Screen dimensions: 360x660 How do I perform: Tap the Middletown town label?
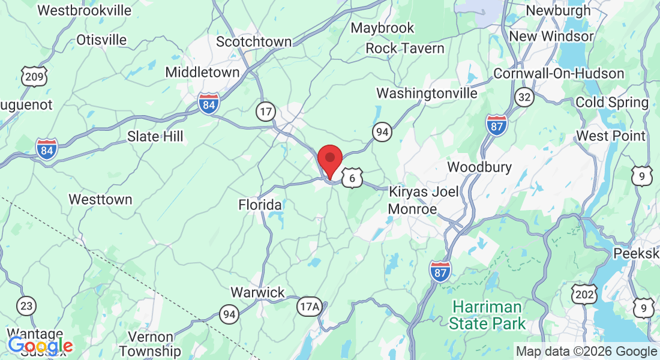[x=202, y=72]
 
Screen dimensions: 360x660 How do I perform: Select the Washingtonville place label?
[x=427, y=94]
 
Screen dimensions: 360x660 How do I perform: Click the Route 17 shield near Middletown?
[x=265, y=110]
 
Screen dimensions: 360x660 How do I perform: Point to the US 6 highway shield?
[x=353, y=178]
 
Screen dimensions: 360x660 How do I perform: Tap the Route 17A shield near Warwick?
[x=310, y=307]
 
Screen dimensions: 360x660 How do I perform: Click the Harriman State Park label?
[x=487, y=316]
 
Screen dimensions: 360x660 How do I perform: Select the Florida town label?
[x=260, y=205]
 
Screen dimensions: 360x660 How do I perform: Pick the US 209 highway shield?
[x=34, y=76]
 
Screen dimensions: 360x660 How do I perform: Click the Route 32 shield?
[x=524, y=97]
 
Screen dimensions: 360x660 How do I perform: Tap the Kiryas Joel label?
[x=424, y=192]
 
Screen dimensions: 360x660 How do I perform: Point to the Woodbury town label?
[x=479, y=167]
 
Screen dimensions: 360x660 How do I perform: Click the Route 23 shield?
[x=26, y=306]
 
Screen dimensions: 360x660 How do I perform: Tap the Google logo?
[x=40, y=346]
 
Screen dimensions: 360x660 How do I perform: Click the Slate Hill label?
[x=155, y=136]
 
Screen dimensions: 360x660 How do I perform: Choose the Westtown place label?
[x=100, y=199]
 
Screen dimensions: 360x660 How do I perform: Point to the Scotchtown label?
[x=254, y=42]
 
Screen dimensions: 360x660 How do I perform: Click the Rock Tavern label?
[x=405, y=49]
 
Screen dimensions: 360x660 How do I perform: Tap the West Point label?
[x=611, y=136]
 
